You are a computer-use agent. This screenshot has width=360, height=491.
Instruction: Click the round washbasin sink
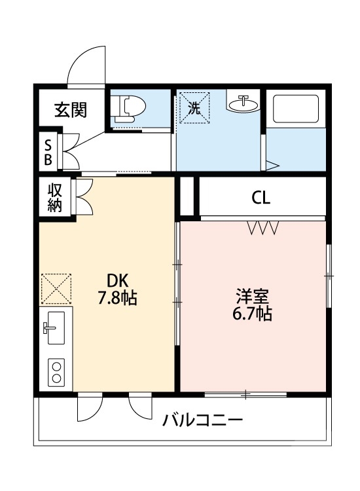[244, 103]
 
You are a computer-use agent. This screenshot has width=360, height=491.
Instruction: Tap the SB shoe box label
[49, 151]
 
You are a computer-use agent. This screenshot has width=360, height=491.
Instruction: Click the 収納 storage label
[54, 197]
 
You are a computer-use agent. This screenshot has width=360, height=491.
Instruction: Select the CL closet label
[261, 197]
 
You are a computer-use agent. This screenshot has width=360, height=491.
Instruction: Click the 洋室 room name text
[252, 295]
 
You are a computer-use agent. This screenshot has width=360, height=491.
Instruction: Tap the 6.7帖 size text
[252, 314]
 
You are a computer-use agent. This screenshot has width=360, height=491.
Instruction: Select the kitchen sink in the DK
[56, 328]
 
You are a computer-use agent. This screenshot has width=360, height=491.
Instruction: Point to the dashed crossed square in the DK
[56, 289]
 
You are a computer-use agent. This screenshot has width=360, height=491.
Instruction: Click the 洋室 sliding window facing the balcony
[245, 394]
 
